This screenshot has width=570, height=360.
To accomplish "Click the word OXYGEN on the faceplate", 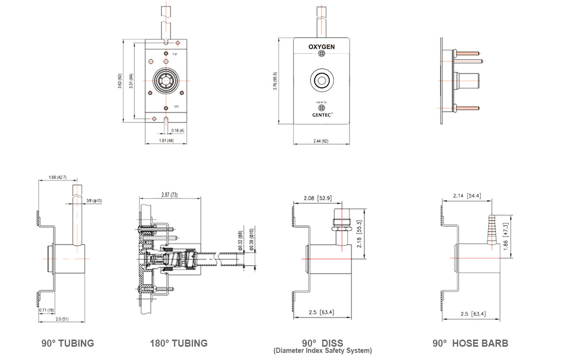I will coord(322,47).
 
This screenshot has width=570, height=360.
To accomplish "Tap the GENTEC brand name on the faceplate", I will coord(322,114).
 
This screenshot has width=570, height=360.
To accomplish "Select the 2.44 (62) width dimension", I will coord(322,142).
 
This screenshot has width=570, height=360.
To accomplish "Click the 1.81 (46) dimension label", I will coord(166,141).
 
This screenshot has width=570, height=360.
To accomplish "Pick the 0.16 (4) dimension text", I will coord(178,130).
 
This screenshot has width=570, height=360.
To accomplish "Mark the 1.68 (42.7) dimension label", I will coord(57,178).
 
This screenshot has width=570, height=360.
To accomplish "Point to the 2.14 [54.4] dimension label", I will coord(467,196).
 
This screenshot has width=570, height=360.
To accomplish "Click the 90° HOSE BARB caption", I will coord(470,343).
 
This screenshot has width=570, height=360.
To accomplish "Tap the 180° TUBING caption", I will coord(179,343).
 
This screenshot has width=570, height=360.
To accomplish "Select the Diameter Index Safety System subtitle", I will coord(322,351).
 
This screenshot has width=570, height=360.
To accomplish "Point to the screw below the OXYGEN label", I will coord(322,56).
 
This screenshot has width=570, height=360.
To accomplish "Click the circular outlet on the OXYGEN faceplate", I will coord(322,80).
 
